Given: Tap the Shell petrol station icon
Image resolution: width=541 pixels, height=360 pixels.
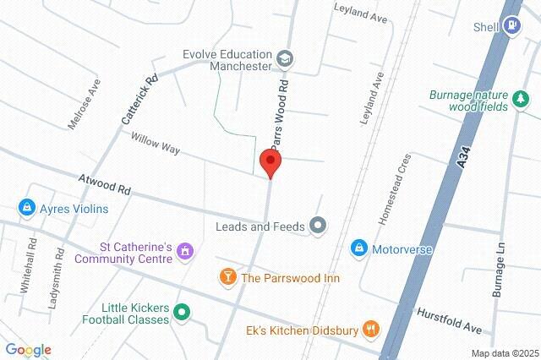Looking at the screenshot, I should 511,25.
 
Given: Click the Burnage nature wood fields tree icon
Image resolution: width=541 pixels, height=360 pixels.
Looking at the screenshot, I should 521,103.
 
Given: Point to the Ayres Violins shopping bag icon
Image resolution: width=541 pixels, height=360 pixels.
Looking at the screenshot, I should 26,208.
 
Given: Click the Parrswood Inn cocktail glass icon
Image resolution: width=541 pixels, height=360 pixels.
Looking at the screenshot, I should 227,276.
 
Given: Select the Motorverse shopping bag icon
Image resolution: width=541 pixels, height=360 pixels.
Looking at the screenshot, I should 358,248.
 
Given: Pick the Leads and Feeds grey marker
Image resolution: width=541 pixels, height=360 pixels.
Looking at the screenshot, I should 318,226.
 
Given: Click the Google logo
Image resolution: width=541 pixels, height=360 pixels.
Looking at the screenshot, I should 28,350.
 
